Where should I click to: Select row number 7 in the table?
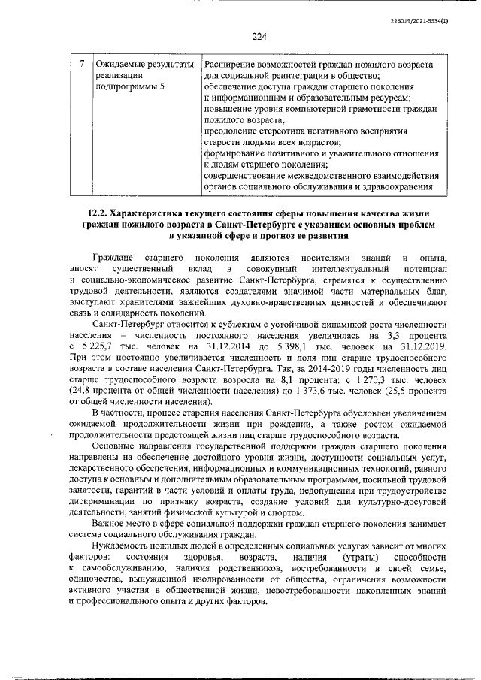coord(81,64)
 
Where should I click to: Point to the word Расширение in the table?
coord(233,64)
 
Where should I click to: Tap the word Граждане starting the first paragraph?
coord(112,258)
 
